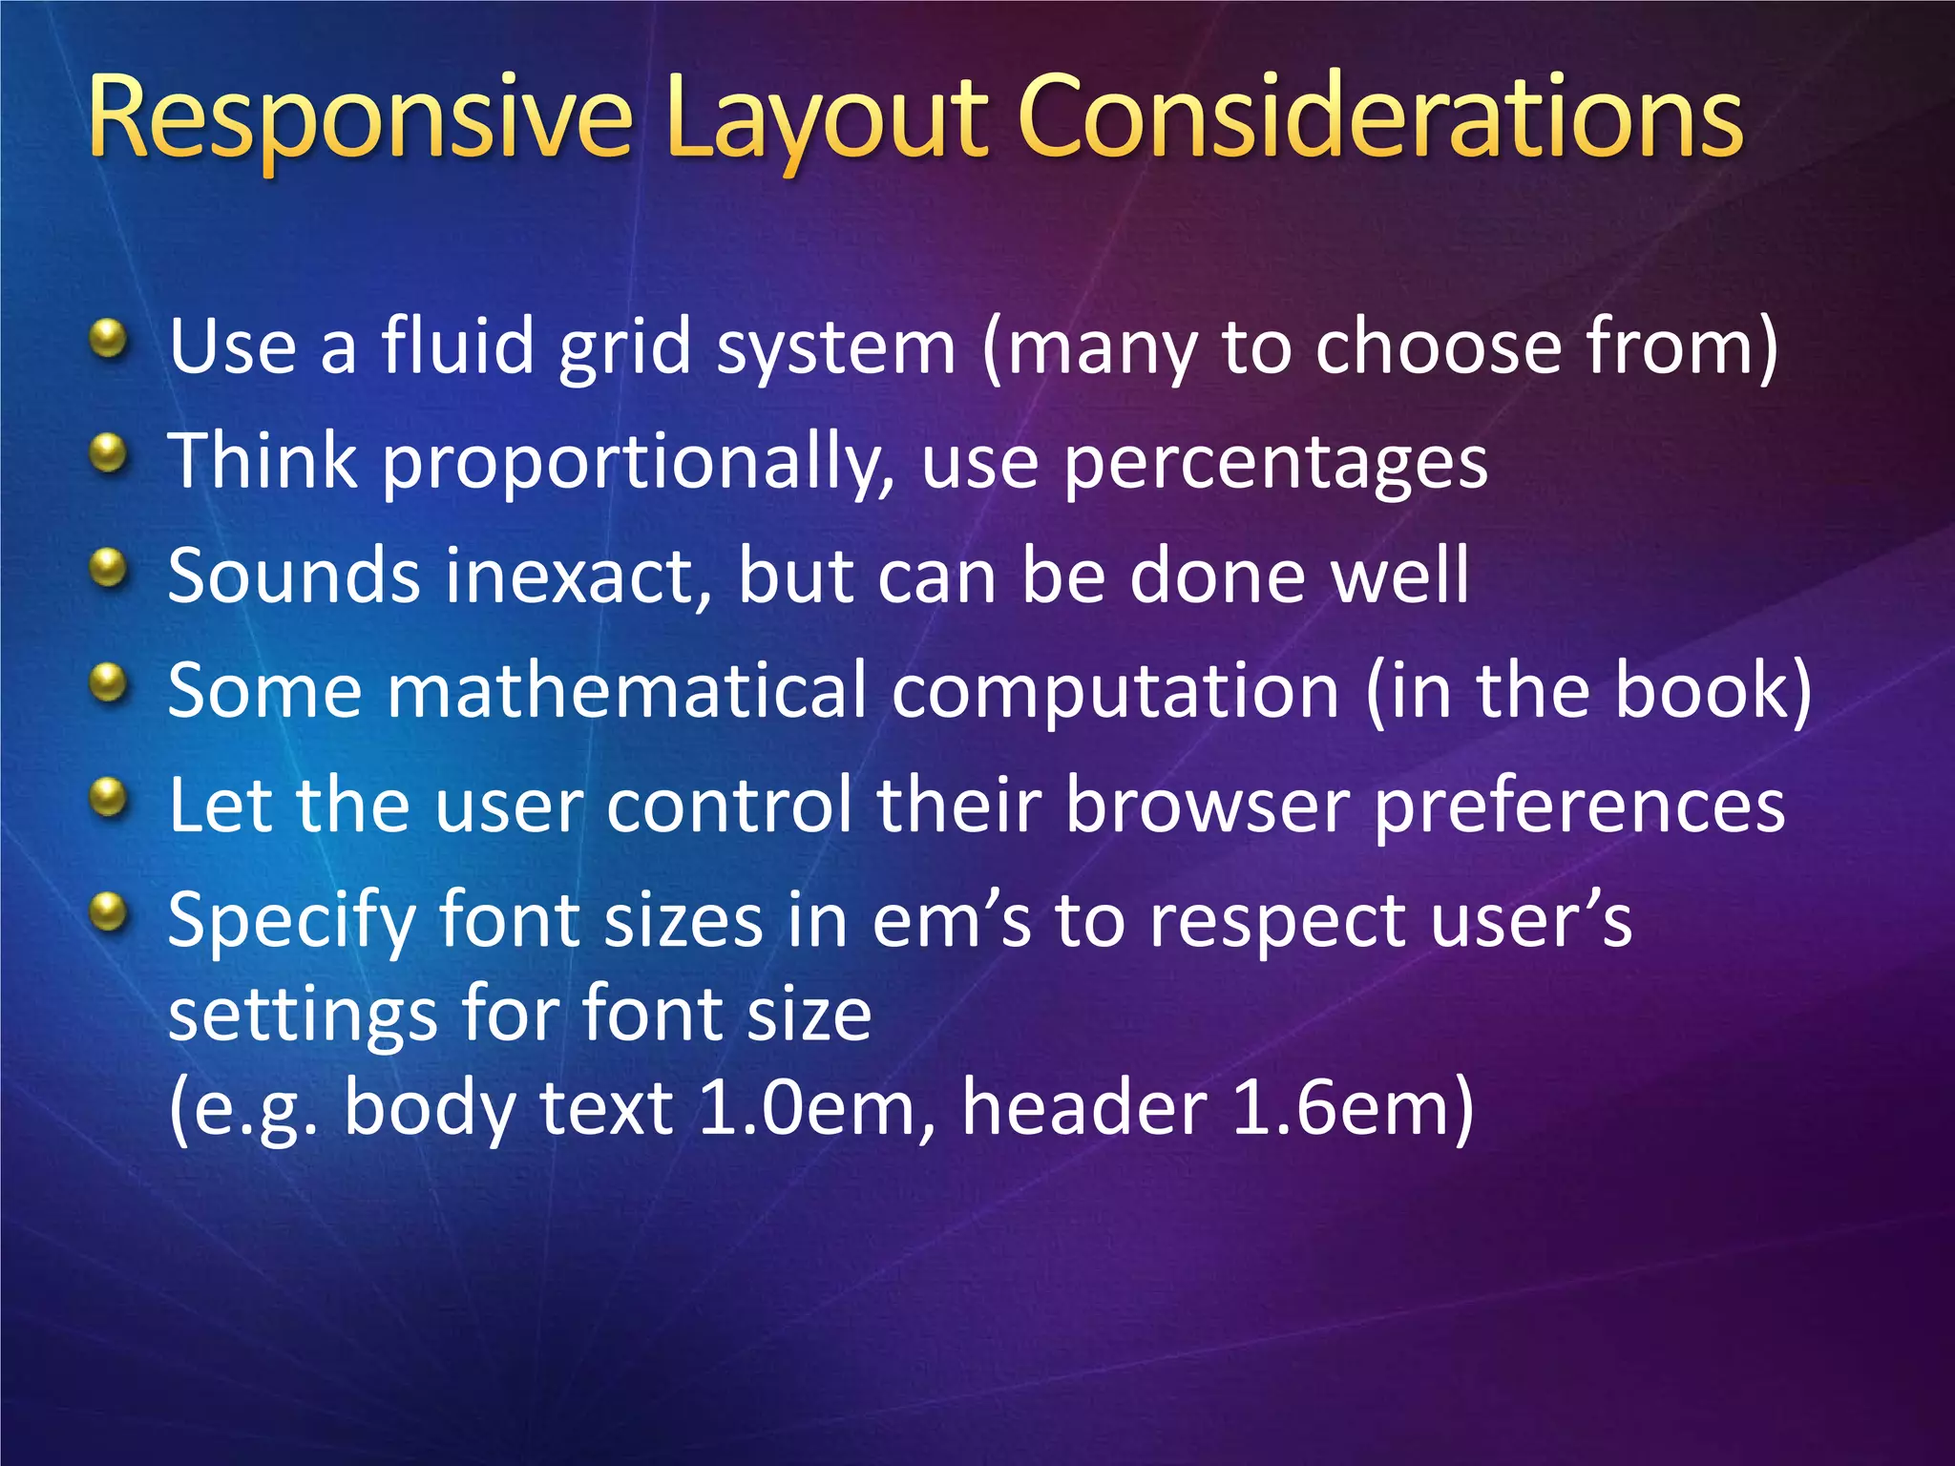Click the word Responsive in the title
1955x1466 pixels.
click(x=360, y=119)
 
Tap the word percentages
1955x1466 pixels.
click(x=1274, y=464)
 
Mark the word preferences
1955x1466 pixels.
click(x=1579, y=807)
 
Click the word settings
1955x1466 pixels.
click(x=302, y=1016)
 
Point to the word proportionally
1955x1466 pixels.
click(x=639, y=464)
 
